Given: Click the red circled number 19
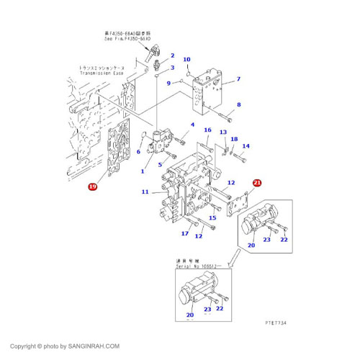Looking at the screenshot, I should (x=91, y=187).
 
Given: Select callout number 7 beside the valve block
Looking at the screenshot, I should (x=238, y=79).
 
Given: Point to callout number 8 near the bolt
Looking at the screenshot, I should (x=239, y=105).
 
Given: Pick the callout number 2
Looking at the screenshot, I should (x=172, y=55).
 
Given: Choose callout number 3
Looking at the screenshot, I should (x=172, y=68).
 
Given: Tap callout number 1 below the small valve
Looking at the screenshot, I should (x=143, y=171).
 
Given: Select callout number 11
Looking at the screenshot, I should (x=145, y=192).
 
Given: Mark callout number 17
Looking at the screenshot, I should (x=185, y=233).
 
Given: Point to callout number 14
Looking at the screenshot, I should (x=246, y=146).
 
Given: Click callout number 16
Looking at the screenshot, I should (x=207, y=130).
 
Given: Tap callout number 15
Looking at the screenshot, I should (x=213, y=217).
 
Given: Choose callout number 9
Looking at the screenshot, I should (x=168, y=84).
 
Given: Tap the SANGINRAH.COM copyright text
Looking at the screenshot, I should (x=65, y=346).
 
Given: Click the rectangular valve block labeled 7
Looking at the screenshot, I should (x=210, y=91).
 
